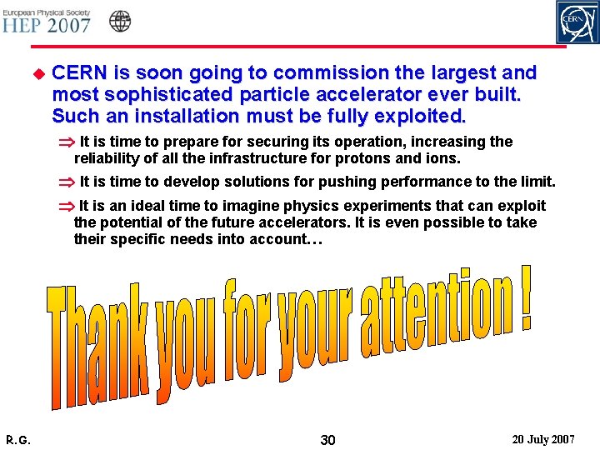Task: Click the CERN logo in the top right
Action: click(x=577, y=22)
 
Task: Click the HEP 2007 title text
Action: click(x=46, y=24)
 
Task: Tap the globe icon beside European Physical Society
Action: click(x=121, y=21)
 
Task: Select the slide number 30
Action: click(x=327, y=439)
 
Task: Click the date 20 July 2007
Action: click(x=542, y=438)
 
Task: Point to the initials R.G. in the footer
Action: click(x=18, y=439)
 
